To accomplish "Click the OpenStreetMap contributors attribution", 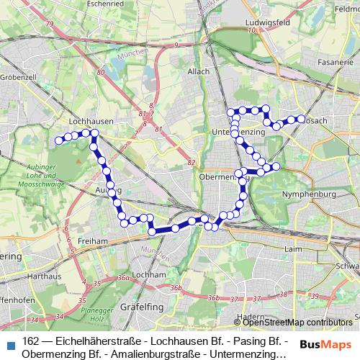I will (297, 323).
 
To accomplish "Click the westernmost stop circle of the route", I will (58, 139).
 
